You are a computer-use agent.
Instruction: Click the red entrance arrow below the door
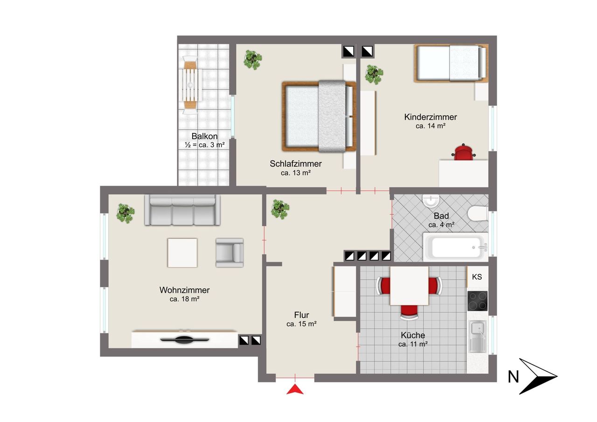tap(295, 389)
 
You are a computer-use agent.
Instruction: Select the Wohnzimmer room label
tap(184, 290)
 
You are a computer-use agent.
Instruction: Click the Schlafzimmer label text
tap(296, 164)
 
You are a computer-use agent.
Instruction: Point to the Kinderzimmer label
tap(430, 117)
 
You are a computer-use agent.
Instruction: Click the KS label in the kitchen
tap(477, 277)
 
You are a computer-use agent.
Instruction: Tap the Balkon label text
tap(204, 136)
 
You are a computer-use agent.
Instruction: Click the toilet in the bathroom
tap(478, 214)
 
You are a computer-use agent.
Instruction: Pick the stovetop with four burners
tap(477, 301)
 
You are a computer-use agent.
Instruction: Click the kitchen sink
tap(478, 336)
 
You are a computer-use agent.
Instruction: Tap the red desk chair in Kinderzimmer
tap(464, 152)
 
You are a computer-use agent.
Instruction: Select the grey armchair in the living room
tap(229, 253)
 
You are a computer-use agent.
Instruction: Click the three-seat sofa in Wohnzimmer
tap(182, 210)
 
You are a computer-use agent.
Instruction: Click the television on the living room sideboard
tap(184, 339)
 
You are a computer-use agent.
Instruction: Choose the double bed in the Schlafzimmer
tap(319, 116)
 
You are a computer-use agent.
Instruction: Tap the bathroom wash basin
tap(430, 201)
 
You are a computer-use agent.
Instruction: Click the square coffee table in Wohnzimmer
tap(182, 253)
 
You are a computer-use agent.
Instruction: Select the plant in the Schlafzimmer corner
tap(252, 60)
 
